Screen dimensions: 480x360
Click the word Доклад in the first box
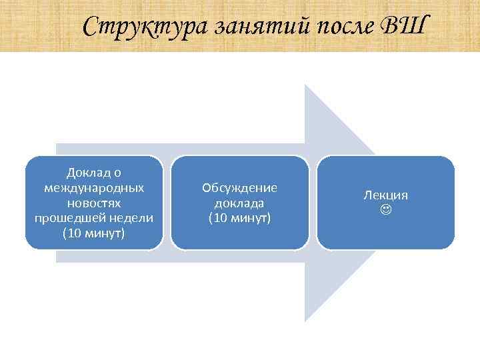point(88,172)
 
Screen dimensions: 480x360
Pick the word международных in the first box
point(94,187)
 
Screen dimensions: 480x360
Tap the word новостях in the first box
point(94,203)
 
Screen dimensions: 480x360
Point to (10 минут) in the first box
point(94,234)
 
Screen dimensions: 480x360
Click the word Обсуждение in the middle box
point(240,187)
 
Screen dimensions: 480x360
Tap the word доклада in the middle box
point(240,203)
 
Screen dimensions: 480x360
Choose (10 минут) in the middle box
point(240,218)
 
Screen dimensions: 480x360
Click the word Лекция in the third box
point(385,195)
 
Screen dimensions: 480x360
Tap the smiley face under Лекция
point(385,210)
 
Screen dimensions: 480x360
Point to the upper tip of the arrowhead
point(306,86)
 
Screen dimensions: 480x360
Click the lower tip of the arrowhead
point(306,321)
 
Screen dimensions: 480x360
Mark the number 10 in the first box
point(73,234)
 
